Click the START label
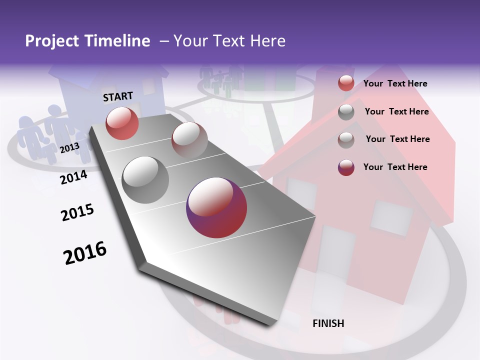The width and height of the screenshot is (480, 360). tap(118, 96)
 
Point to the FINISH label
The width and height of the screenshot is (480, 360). tap(328, 323)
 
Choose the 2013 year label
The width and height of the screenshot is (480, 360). tap(69, 148)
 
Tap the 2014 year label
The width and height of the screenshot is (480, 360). tap(73, 177)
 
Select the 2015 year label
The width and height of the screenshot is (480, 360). tap(77, 212)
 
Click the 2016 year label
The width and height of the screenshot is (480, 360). tap(85, 252)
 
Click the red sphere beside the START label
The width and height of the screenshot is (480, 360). tap(122, 123)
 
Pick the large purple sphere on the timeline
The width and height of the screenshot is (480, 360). tap(216, 207)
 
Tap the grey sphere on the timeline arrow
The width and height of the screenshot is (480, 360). tap(145, 180)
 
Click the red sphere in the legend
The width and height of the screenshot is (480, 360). tap(346, 83)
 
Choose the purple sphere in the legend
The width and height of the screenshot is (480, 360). tap(346, 167)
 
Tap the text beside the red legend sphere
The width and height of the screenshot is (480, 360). tap(395, 83)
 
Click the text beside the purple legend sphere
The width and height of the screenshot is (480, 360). tap(395, 167)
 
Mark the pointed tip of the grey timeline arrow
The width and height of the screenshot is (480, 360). tap(270, 324)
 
